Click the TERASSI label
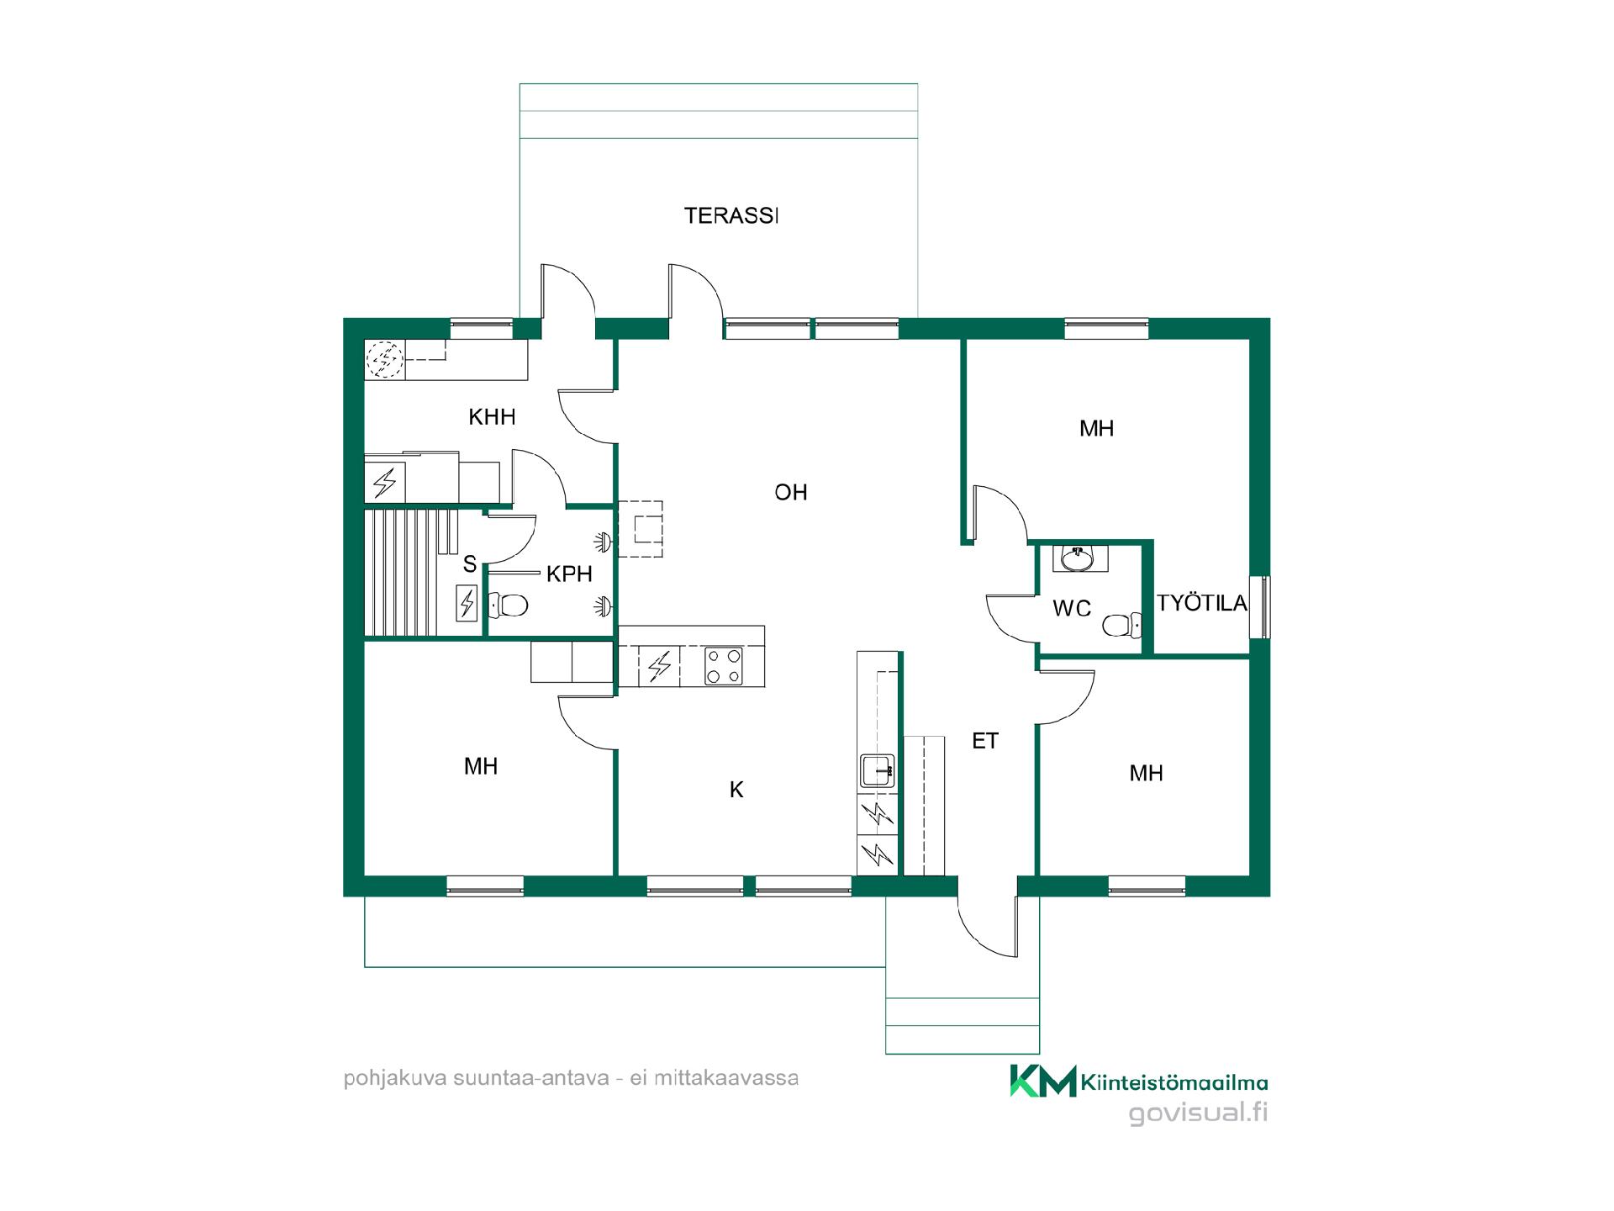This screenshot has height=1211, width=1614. pyautogui.click(x=731, y=216)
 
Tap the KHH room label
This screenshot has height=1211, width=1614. pyautogui.click(x=492, y=417)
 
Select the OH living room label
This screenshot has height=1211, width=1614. pyautogui.click(x=791, y=492)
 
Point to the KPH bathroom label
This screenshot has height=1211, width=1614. pyautogui.click(x=569, y=574)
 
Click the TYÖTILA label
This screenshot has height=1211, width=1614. pyautogui.click(x=1202, y=603)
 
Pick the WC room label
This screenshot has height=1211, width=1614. pyautogui.click(x=1072, y=608)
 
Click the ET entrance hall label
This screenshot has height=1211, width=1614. pyautogui.click(x=985, y=741)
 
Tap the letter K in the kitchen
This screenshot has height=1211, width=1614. pyautogui.click(x=736, y=790)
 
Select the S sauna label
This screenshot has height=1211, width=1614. pyautogui.click(x=469, y=565)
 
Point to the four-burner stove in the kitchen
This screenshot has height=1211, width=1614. pyautogui.click(x=723, y=666)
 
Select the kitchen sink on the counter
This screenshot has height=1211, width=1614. pyautogui.click(x=877, y=769)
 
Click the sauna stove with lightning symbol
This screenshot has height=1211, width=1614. pyautogui.click(x=467, y=603)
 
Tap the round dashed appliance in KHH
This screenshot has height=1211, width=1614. pyautogui.click(x=386, y=359)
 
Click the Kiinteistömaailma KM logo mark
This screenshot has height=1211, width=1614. pyautogui.click(x=1042, y=1081)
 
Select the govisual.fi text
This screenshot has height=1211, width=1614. pyautogui.click(x=1198, y=1113)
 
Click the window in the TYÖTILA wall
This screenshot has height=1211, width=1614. pyautogui.click(x=1259, y=607)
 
